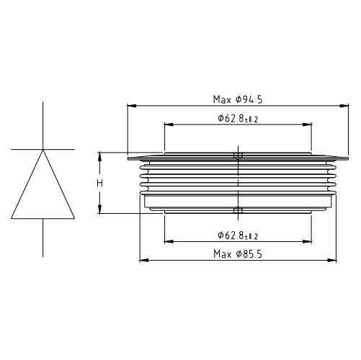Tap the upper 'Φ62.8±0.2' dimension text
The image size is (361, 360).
[238, 118]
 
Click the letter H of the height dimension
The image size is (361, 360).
[101, 184]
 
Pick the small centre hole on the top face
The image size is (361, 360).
[239, 154]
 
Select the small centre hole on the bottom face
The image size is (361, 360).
[239, 210]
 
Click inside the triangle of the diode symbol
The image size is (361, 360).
[43, 191]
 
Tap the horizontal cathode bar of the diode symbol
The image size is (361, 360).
[43, 150]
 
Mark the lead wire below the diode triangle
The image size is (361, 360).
[43, 238]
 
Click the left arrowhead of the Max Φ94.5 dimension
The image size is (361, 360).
[130, 106]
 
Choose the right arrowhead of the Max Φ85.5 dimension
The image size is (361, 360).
[335, 260]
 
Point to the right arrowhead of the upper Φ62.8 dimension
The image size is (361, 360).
[309, 125]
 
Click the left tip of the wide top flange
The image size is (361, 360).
[128, 158]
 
